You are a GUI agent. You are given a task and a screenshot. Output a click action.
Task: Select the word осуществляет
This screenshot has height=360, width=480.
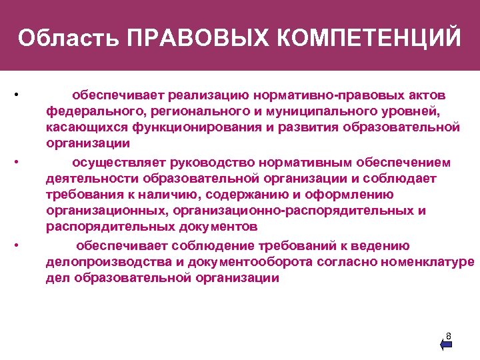[120, 163]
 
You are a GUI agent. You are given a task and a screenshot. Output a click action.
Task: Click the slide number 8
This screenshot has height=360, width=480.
[449, 336]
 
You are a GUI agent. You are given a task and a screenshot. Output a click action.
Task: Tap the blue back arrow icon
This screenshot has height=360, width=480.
[446, 344]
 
